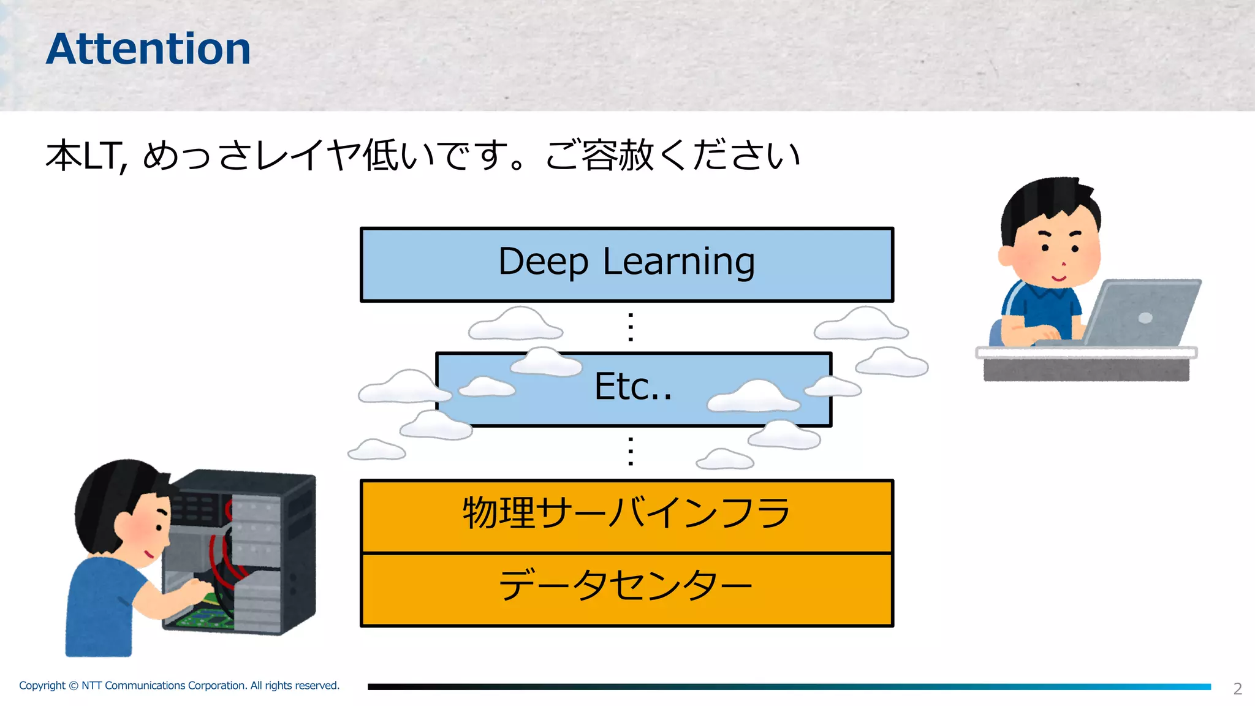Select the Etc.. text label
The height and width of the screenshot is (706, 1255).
tap(633, 387)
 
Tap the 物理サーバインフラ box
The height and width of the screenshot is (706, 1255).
tap(626, 515)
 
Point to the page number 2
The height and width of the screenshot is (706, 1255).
tap(1237, 689)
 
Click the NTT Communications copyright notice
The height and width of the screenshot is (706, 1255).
tap(179, 685)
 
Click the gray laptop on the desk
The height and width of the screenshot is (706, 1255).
tap(1140, 313)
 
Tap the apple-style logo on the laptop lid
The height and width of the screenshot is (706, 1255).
tap(1145, 317)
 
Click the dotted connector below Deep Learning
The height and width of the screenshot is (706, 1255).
tap(631, 327)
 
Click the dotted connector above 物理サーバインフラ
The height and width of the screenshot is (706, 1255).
tap(631, 452)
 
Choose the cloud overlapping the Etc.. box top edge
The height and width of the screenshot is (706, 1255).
tap(545, 363)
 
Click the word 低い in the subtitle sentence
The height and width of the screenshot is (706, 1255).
tap(398, 156)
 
